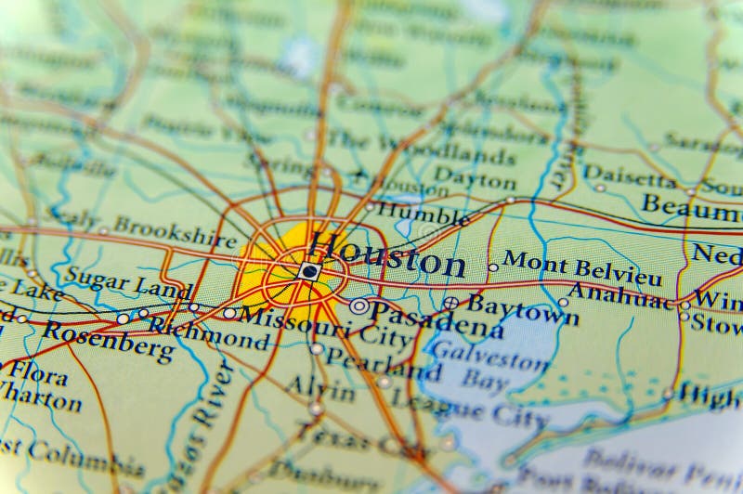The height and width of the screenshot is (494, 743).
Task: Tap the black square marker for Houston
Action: click(309, 271)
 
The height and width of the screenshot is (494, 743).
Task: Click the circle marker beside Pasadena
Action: click(358, 305)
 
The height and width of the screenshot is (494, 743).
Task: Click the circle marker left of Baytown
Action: click(450, 303)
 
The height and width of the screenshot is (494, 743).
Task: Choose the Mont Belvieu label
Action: click(582, 267)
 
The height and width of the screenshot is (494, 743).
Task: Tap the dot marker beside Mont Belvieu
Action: click(493, 267)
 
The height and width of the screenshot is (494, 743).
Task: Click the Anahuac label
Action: click(619, 295)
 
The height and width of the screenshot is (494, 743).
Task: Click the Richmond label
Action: click(209, 332)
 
